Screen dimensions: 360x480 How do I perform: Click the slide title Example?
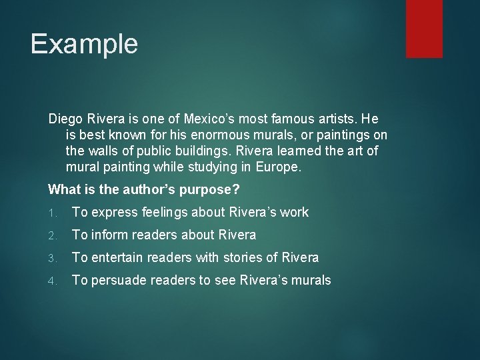[x=84, y=44]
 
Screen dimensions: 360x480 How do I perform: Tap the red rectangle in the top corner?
[x=425, y=28]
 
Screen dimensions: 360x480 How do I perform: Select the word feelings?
[x=165, y=213]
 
